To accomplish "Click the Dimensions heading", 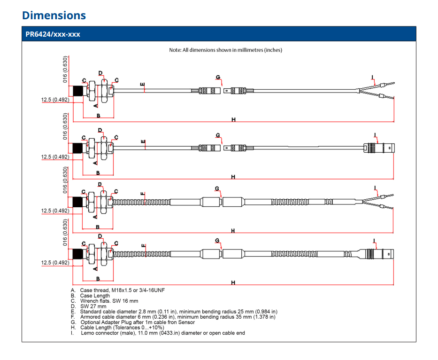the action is click(x=54, y=16).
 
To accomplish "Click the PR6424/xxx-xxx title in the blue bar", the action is click(x=53, y=34).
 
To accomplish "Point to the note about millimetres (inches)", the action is click(x=225, y=50).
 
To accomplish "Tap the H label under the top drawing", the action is click(x=233, y=119).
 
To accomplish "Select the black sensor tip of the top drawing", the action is click(x=78, y=91).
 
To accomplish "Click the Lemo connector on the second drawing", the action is click(x=379, y=148).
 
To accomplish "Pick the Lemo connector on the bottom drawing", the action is click(x=376, y=254).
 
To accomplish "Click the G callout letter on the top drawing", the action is click(x=218, y=77).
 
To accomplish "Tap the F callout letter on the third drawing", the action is click(x=143, y=194).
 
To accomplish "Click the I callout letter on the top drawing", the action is click(x=372, y=77).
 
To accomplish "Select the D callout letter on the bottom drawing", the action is click(x=100, y=236).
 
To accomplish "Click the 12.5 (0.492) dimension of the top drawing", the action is click(x=55, y=100).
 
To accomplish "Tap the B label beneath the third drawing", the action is click(x=98, y=227).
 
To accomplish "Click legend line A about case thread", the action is click(x=118, y=290).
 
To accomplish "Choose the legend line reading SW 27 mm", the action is click(x=89, y=306).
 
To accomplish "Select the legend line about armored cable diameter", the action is click(x=173, y=317).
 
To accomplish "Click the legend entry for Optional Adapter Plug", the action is click(x=133, y=322).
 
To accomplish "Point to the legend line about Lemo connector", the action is click(x=158, y=333).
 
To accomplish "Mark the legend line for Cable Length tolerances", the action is click(x=117, y=328).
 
